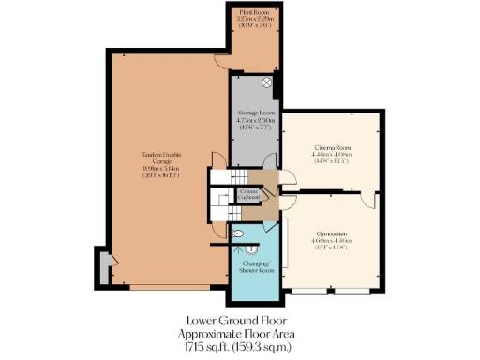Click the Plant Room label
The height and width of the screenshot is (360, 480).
click(253, 10)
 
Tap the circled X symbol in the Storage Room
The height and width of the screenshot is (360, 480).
click(266, 83)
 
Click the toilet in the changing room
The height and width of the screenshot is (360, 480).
click(238, 233)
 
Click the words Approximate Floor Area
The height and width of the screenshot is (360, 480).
click(240, 334)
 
